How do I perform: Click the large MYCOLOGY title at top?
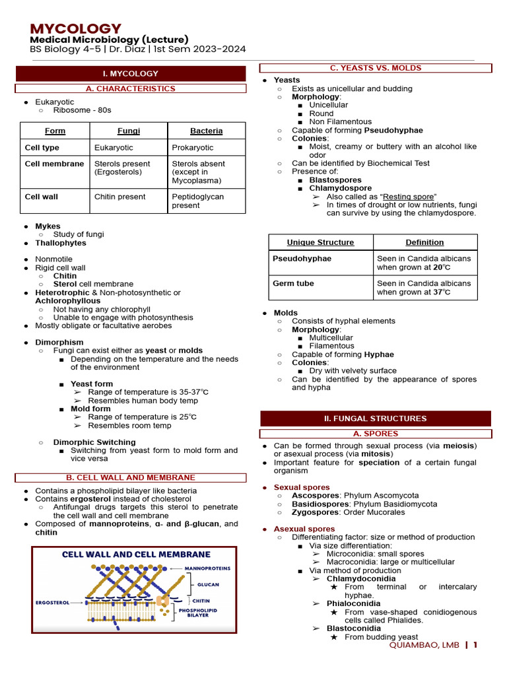point(76,28)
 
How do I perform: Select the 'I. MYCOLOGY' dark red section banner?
point(130,73)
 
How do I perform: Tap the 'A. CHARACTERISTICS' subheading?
point(131,88)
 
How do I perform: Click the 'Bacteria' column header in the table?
point(206,131)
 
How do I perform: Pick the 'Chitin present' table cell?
point(120,196)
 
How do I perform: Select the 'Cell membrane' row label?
point(54,164)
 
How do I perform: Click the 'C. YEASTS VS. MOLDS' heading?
point(376,68)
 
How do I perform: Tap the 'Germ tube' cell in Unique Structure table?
point(293,283)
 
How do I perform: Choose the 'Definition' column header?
point(425,242)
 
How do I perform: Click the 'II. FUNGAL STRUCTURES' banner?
point(375,419)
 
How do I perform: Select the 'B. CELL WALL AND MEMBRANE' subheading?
point(130,477)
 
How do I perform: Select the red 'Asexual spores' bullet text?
point(304,529)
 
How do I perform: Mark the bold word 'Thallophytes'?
point(61,243)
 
